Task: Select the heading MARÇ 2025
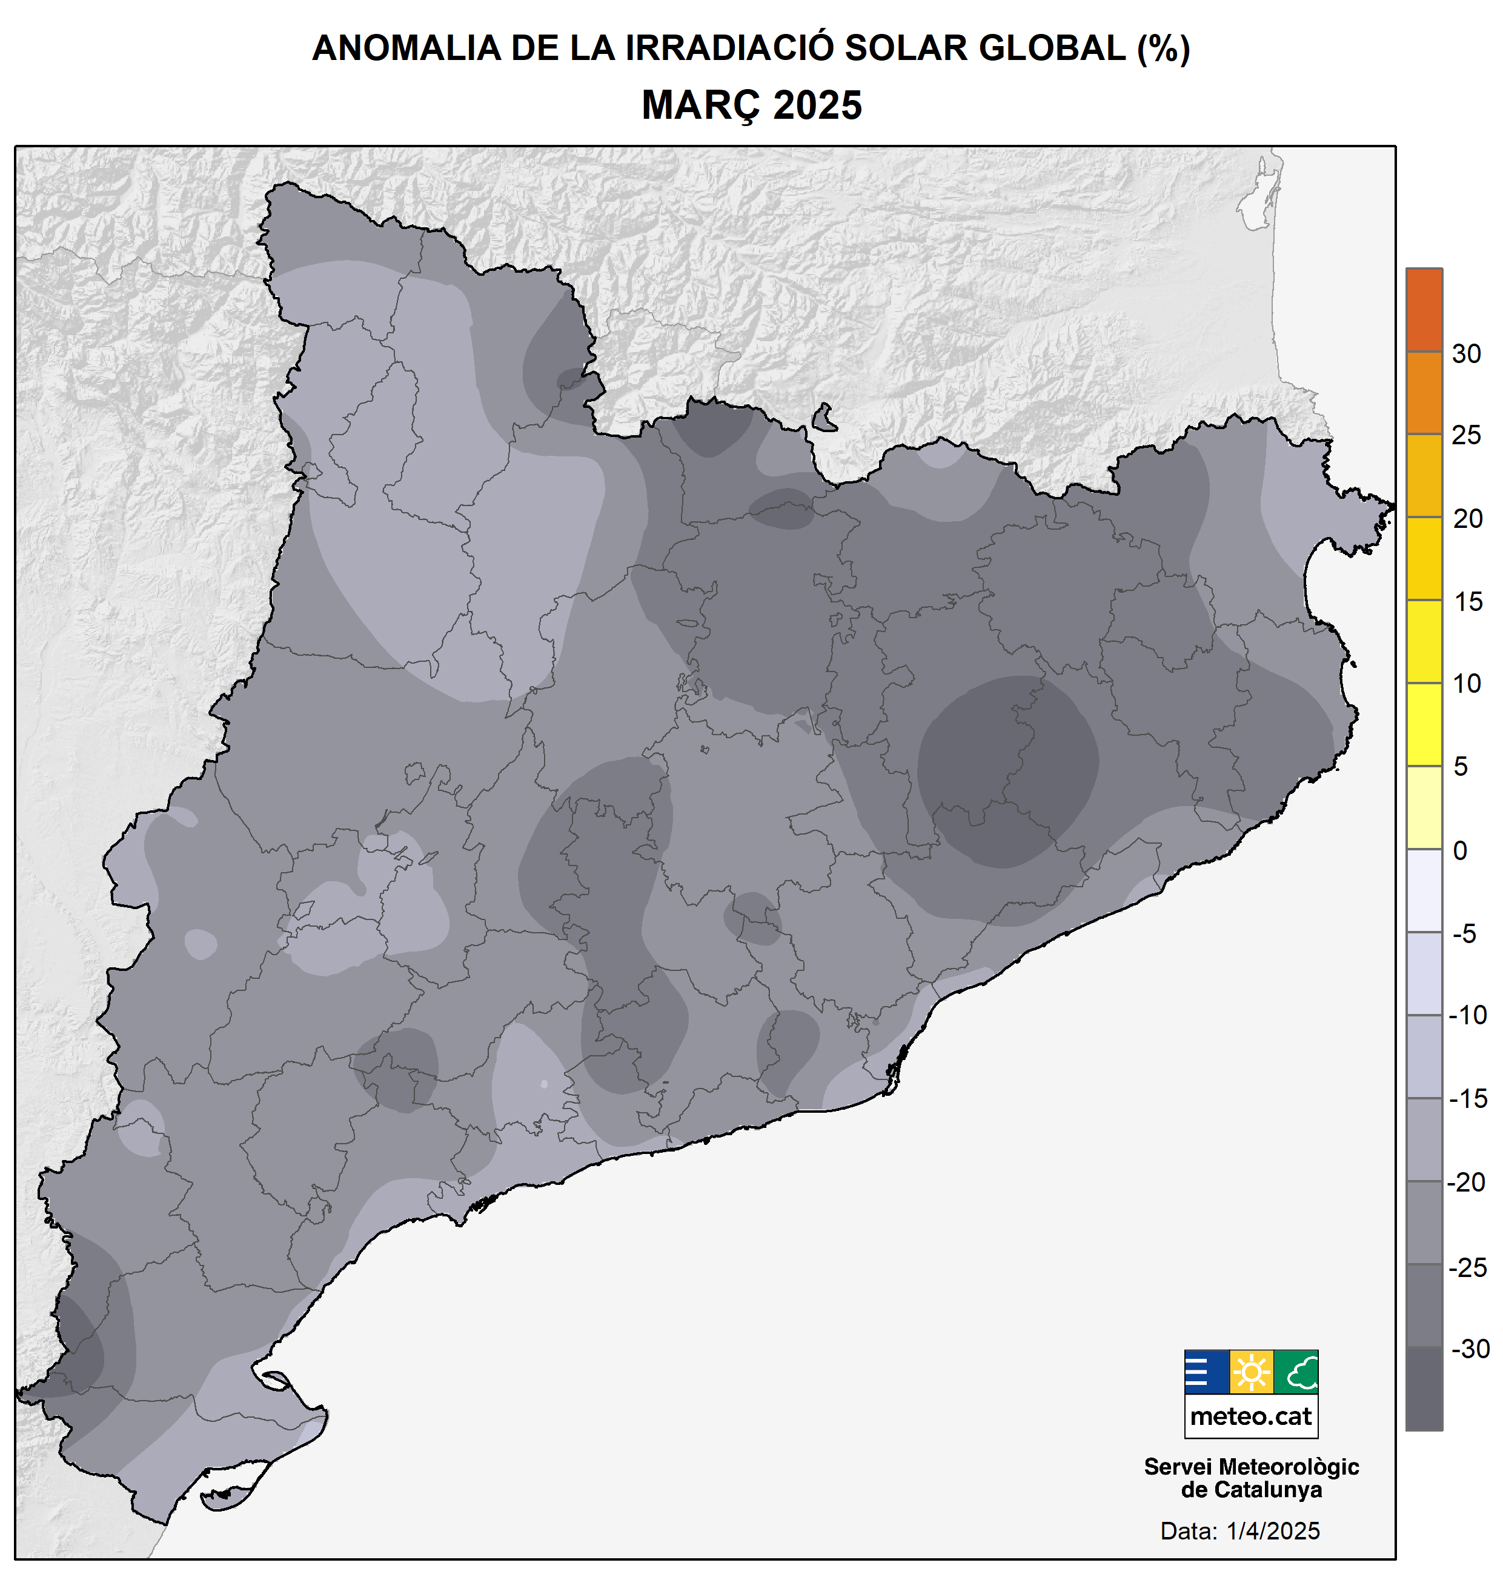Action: click(751, 105)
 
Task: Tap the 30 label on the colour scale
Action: click(1466, 353)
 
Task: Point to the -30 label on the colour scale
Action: click(1469, 1349)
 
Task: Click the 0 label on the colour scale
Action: click(1460, 850)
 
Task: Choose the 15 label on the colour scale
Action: click(1468, 601)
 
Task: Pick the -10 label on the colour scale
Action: click(1468, 1015)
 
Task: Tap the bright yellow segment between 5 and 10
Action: click(1424, 724)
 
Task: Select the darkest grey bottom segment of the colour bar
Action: click(1424, 1388)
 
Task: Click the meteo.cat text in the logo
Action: click(1250, 1417)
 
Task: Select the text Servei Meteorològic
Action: click(1250, 1467)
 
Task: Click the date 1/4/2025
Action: click(1273, 1532)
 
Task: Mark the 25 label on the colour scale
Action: click(1466, 435)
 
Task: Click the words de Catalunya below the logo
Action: click(1250, 1490)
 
